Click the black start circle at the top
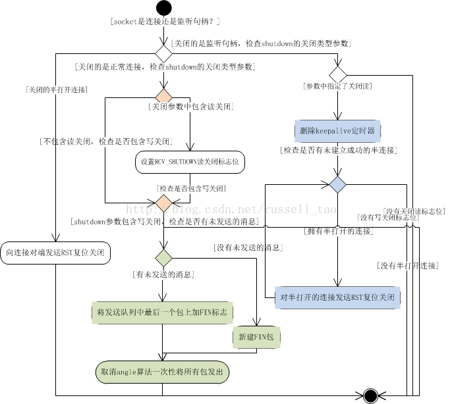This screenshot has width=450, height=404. pos(163,8)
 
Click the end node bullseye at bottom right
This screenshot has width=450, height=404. pos(370,395)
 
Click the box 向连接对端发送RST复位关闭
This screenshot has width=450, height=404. pos(55,253)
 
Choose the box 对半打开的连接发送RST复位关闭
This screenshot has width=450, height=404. pos(337,297)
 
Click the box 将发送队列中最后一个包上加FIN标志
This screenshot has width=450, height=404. pos(161,312)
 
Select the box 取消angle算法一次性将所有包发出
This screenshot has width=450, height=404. pos(161,372)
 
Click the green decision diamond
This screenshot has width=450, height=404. pos(163,257)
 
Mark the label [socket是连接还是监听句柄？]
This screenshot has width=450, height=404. pos(165,22)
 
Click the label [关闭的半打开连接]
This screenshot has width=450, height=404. pos(55,89)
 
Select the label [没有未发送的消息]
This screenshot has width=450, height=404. pos(248,247)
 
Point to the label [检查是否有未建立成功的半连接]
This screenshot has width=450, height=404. pos(338,150)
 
